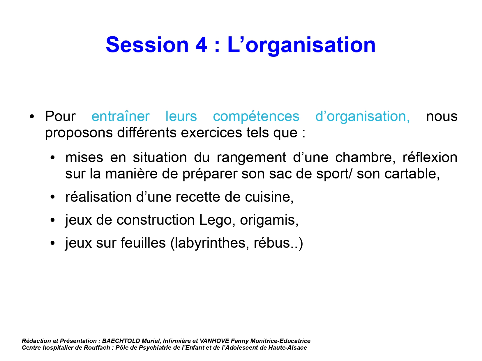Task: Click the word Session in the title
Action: (x=147, y=45)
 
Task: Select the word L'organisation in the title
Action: (x=301, y=46)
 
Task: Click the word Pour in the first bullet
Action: (x=60, y=116)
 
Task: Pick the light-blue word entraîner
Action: (x=121, y=116)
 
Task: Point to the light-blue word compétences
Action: (x=256, y=117)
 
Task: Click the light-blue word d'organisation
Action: (x=363, y=117)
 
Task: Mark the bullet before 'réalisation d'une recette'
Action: (x=52, y=197)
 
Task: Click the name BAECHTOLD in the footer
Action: (x=121, y=341)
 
